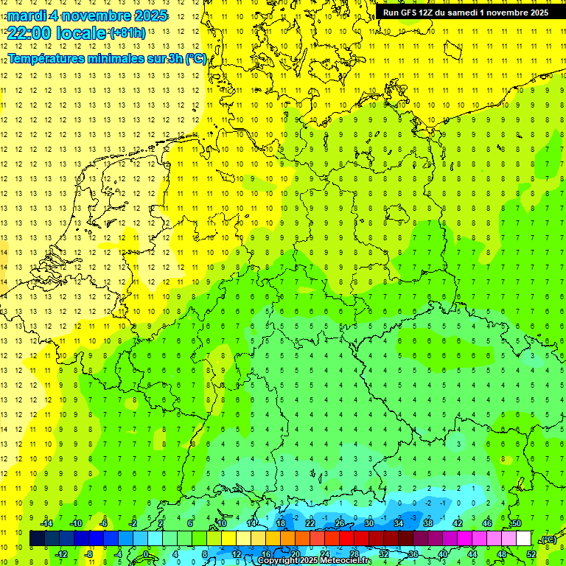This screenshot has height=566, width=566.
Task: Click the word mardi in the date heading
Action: click(26, 15)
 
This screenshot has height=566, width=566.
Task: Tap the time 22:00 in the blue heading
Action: click(28, 32)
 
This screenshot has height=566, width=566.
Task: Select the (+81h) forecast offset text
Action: click(127, 33)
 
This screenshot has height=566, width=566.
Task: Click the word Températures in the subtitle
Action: click(46, 59)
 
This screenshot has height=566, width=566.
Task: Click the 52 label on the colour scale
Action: click(531, 553)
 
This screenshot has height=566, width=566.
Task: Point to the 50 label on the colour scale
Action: click(517, 523)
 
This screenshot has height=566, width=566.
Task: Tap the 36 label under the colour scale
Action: click(413, 553)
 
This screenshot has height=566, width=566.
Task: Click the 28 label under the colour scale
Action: click(354, 553)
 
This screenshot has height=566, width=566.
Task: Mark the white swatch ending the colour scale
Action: click(523, 539)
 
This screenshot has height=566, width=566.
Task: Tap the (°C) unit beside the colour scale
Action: click(548, 539)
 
